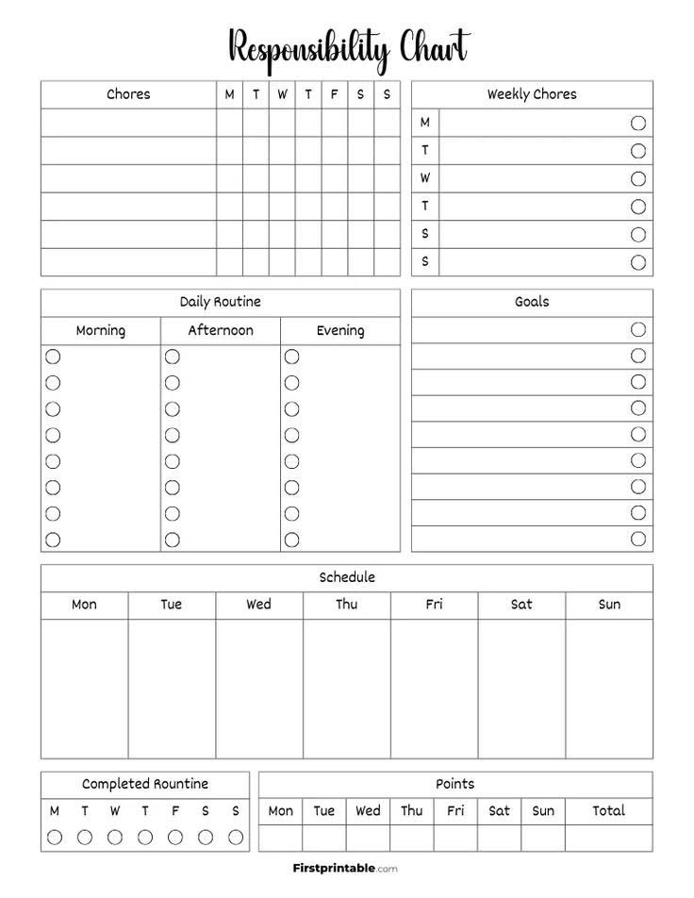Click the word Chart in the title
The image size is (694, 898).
[434, 47]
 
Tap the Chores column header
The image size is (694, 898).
[128, 94]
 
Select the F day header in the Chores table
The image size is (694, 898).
[334, 94]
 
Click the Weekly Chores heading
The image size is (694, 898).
[532, 94]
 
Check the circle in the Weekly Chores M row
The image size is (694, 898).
[638, 123]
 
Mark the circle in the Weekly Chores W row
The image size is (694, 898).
[638, 178]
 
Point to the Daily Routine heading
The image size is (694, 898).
[221, 302]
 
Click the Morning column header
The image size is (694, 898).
[101, 330]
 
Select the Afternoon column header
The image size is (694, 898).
[221, 330]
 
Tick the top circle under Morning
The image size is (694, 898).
[53, 357]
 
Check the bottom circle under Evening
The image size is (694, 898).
[292, 540]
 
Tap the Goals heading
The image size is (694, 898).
[532, 302]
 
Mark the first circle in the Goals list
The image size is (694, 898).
[638, 329]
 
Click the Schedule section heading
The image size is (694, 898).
[347, 577]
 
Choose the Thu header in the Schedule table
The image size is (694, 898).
[346, 605]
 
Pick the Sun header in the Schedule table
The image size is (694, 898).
[609, 605]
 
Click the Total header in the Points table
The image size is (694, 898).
[609, 810]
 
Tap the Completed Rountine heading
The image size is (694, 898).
[145, 784]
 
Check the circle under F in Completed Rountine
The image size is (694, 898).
[175, 837]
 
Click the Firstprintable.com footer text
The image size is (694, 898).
[345, 868]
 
